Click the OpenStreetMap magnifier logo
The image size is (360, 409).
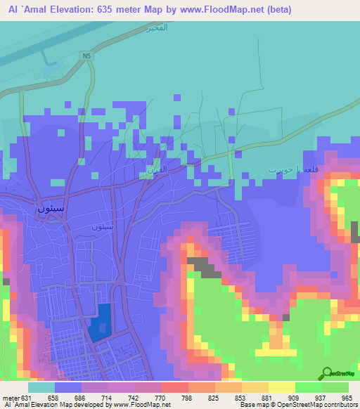coord(327,374)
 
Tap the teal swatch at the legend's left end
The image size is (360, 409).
coord(41,387)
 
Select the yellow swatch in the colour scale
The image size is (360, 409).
coord(281,387)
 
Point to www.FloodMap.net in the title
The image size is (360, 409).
coord(218,9)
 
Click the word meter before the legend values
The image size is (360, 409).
coord(11,397)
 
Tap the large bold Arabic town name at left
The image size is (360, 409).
coord(51,209)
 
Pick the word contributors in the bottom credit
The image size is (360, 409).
coord(339,405)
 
